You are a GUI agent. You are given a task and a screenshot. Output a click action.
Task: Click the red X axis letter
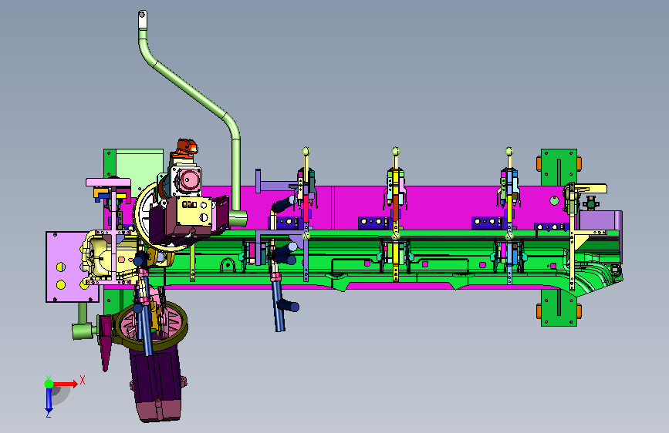coord(83,380)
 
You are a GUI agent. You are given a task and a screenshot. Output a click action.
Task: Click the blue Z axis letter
coord(49,414)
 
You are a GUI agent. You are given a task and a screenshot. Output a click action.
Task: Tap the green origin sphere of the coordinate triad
coord(49,384)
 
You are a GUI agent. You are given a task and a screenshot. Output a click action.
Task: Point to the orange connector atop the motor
coord(184,147)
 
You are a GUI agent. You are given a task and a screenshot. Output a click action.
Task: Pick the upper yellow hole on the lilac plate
coord(61,267)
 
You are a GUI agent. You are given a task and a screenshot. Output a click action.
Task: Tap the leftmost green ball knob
coord(306,151)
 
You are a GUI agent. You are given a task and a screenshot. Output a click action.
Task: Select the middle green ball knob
coord(396,151)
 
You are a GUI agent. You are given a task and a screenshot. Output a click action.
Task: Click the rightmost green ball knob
coord(509,151)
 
